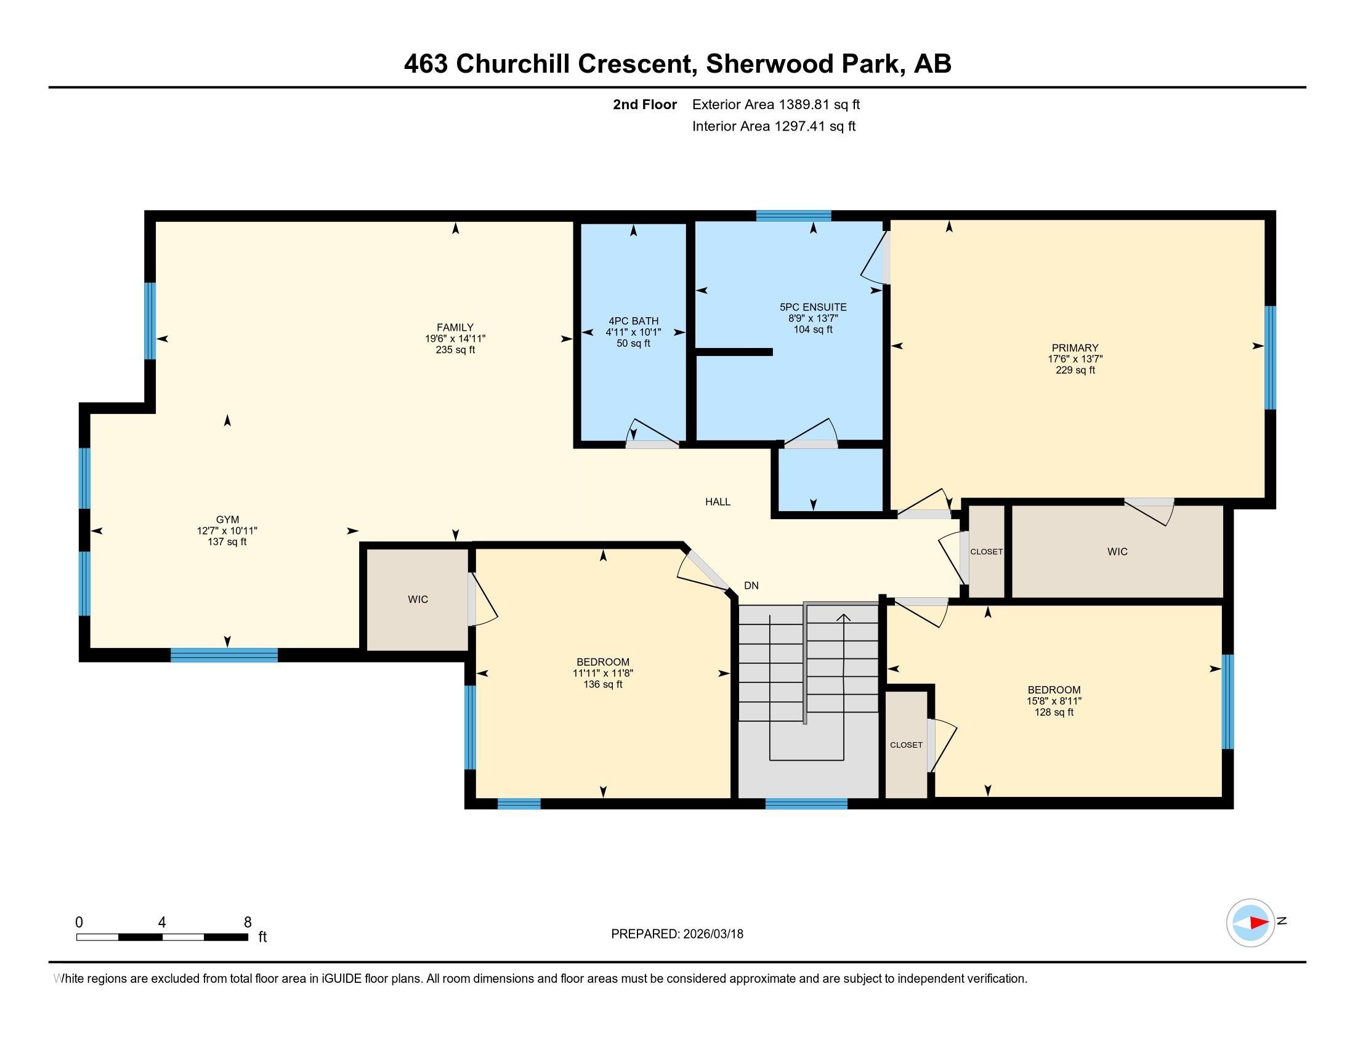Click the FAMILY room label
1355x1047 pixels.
pos(455,328)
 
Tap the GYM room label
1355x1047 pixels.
pos(227,520)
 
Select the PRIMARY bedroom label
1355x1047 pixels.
pos(1075,348)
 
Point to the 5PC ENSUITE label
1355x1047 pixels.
pos(813,307)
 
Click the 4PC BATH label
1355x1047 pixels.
pos(633,321)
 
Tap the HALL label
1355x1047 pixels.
pos(718,502)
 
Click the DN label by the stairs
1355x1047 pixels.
pos(751,586)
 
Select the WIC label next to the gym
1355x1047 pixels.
pos(418,599)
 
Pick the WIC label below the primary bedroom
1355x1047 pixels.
pos(1117,551)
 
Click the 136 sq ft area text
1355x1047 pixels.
pos(603,685)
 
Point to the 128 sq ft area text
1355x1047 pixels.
pos(1054,713)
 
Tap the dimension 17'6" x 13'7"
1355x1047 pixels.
pos(1075,359)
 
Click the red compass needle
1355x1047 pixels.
pos(1259,923)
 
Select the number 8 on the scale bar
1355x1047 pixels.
pos(248,922)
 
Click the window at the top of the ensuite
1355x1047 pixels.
pos(793,216)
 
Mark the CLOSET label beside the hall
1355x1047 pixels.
pos(987,551)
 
